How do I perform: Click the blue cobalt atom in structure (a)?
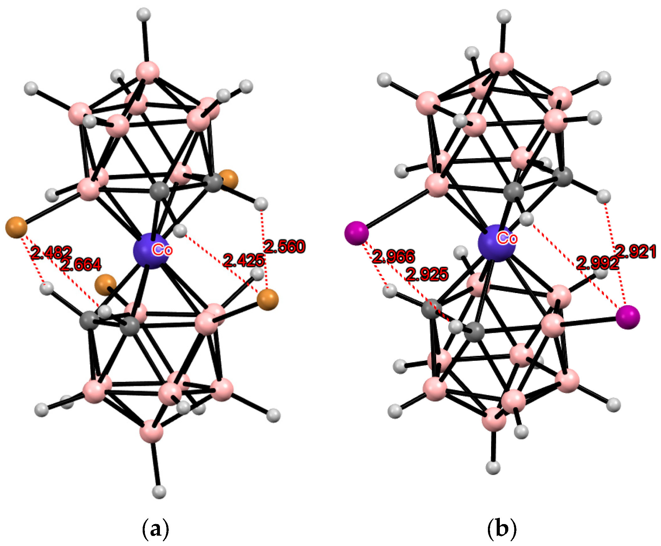click(151, 251)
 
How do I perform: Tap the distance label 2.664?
click(81, 264)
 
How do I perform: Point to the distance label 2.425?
click(244, 260)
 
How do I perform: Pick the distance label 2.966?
click(393, 256)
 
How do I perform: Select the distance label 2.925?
click(427, 275)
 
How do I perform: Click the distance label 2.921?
click(636, 252)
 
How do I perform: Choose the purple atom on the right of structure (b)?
click(628, 317)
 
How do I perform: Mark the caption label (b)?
click(501, 529)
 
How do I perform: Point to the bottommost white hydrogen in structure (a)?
click(159, 491)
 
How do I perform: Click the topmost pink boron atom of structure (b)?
click(501, 64)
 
